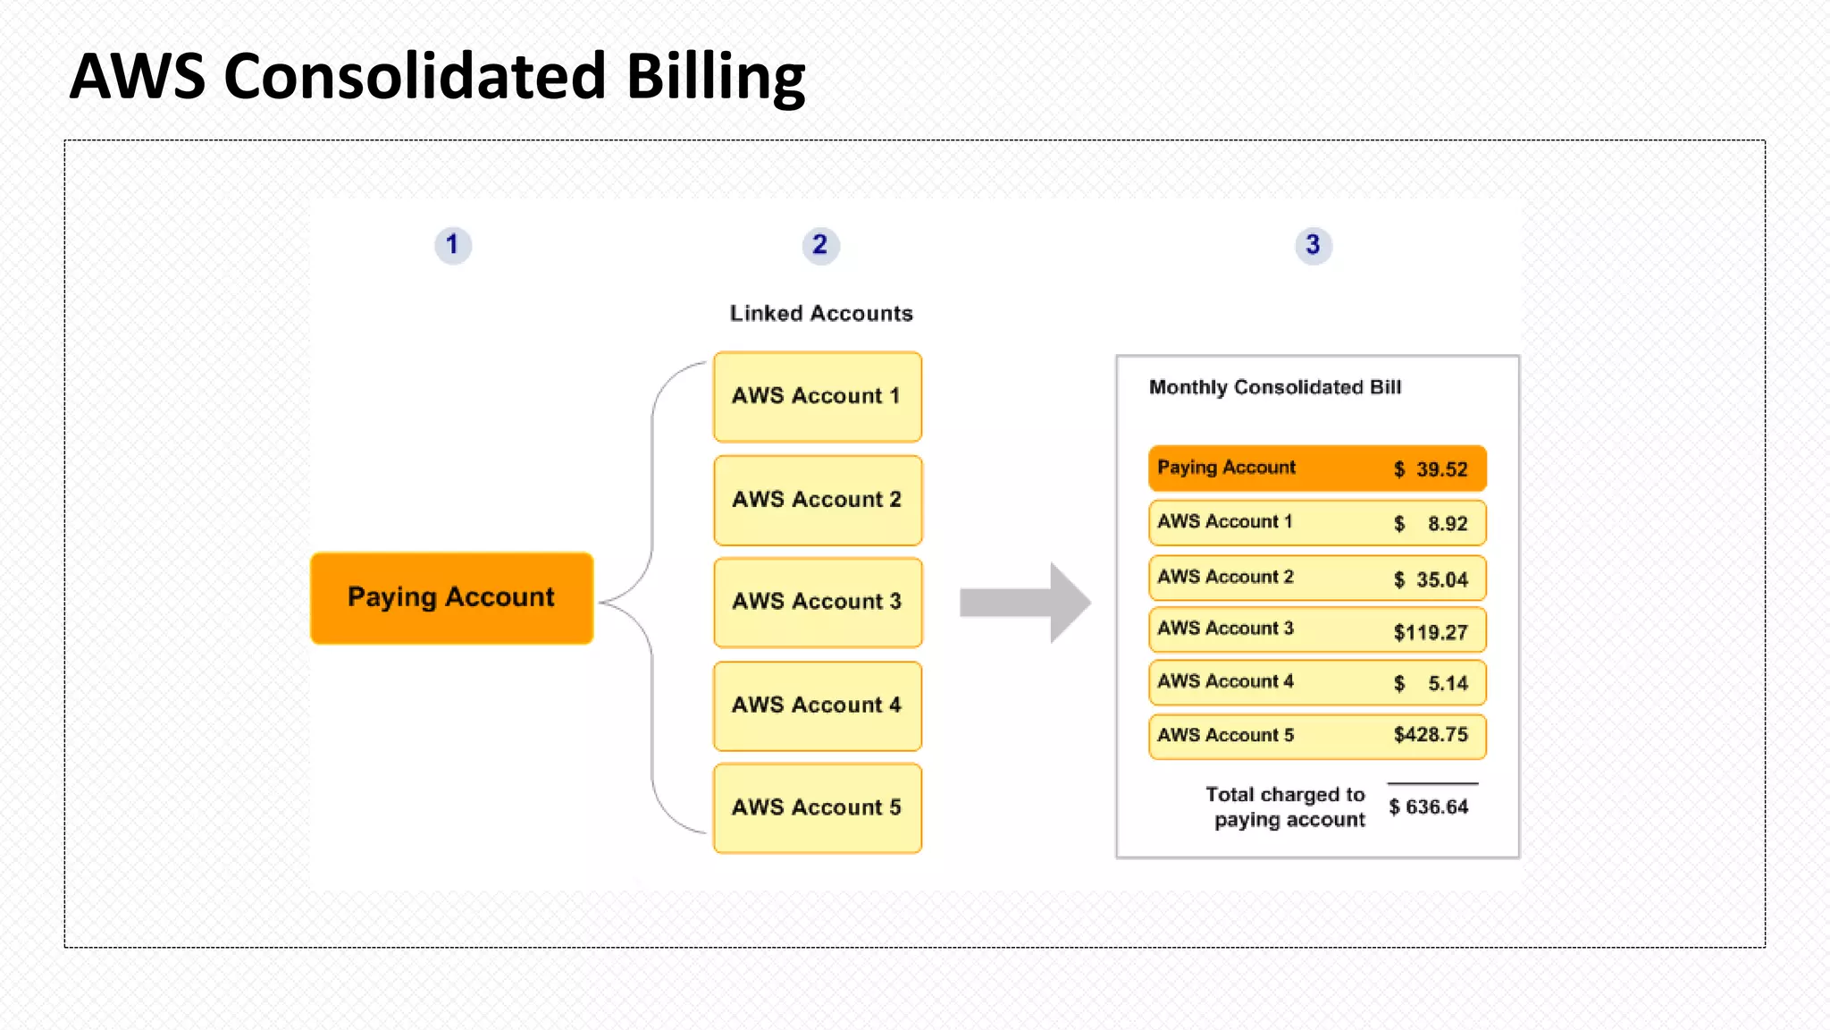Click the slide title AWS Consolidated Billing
(x=438, y=77)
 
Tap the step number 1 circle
(x=453, y=245)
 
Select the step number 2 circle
(x=820, y=245)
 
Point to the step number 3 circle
(x=1313, y=245)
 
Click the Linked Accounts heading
(x=821, y=314)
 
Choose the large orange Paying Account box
(x=451, y=597)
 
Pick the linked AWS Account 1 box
(x=817, y=397)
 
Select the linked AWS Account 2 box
(x=817, y=500)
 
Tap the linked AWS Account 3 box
(x=817, y=602)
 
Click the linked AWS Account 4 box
(x=817, y=705)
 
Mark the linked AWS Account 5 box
(x=817, y=807)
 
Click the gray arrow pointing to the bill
(x=1024, y=603)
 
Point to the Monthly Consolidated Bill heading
(x=1275, y=387)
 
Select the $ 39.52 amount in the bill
(x=1431, y=469)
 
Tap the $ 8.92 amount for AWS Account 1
(x=1431, y=524)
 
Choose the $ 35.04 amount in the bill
(x=1431, y=580)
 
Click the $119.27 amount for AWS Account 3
(x=1431, y=633)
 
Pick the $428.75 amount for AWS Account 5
(x=1431, y=735)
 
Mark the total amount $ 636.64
(x=1429, y=807)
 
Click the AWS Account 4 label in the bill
(x=1225, y=681)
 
